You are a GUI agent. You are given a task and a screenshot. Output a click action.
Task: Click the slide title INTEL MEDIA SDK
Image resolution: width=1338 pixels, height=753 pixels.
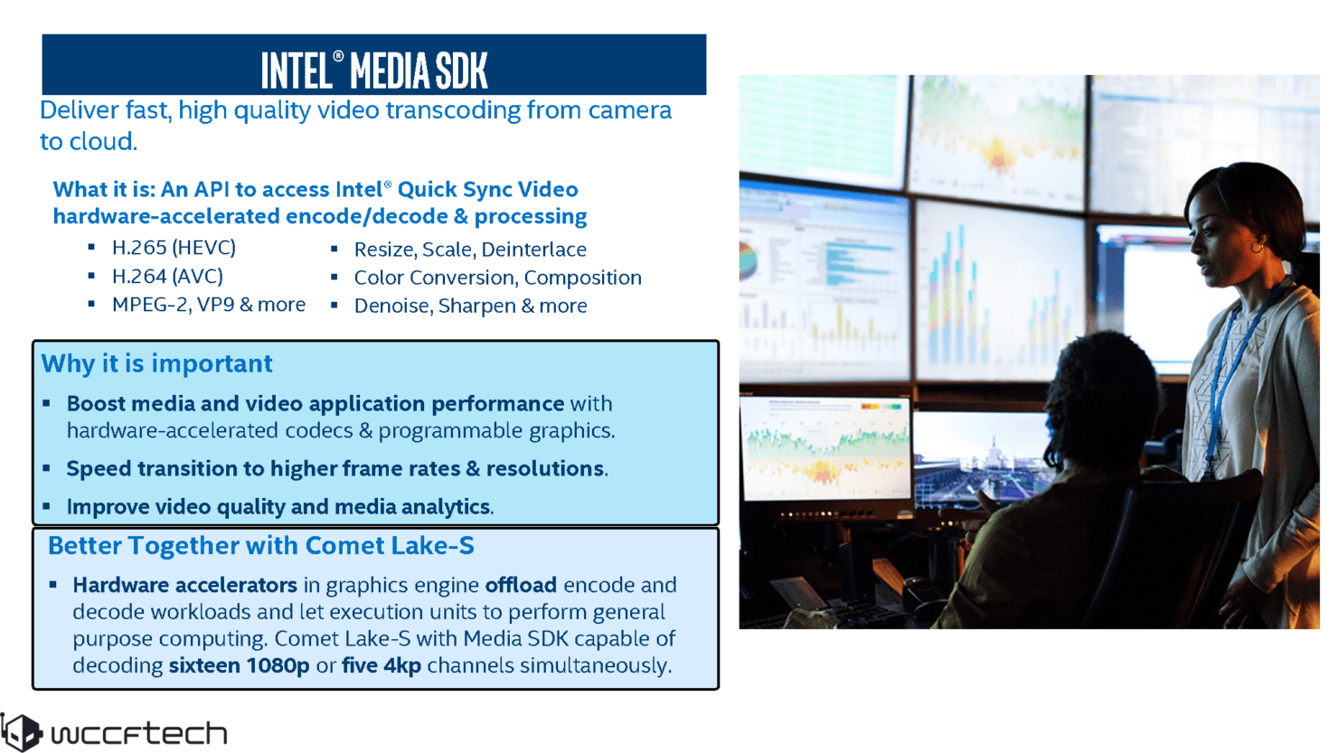tap(374, 71)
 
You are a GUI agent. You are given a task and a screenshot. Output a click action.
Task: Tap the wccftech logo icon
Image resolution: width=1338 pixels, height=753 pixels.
tap(22, 732)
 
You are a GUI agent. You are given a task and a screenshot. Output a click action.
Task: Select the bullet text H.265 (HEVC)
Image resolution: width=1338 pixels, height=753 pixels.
tap(174, 248)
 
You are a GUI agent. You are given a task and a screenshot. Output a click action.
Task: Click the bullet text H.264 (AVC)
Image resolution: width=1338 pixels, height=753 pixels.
tap(167, 277)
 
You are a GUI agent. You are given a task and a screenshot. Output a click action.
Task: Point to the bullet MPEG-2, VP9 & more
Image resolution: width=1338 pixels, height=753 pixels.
tap(209, 305)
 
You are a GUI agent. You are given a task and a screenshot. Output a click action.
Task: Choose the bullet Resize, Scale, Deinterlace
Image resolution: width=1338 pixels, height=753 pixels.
tap(470, 249)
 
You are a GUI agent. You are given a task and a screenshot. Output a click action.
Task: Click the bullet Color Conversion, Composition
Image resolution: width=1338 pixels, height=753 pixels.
tap(497, 278)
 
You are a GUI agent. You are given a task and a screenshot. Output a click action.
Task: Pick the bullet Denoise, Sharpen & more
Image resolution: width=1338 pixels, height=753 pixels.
tap(470, 306)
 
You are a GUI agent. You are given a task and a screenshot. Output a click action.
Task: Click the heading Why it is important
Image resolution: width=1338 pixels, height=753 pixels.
tap(156, 363)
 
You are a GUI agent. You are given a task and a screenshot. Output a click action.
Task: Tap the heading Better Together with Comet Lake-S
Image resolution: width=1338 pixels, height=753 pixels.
tap(261, 546)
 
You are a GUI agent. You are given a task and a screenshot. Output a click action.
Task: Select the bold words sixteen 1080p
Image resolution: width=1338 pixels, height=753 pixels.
tap(239, 665)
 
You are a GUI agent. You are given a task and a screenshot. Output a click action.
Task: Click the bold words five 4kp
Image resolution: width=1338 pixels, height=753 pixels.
tap(382, 665)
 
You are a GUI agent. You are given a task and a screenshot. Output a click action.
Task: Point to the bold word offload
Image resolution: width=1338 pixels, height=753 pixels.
tap(521, 585)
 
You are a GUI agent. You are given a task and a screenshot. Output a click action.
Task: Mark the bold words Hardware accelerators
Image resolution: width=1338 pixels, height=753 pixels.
tap(184, 585)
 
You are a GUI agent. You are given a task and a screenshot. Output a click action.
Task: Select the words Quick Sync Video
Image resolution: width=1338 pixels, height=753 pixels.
tap(487, 189)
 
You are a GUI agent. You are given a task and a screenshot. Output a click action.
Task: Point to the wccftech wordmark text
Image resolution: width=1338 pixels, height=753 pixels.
tap(139, 733)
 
